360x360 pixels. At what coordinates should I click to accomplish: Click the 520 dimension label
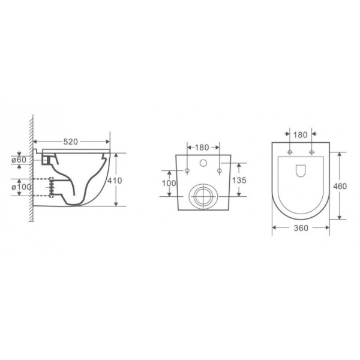(x=71, y=142)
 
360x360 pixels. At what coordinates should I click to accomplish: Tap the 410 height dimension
(x=115, y=181)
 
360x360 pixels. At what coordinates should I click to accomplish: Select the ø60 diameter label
(x=19, y=160)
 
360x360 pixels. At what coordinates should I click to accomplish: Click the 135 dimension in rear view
(x=239, y=180)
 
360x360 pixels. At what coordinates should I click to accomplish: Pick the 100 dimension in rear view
(x=169, y=183)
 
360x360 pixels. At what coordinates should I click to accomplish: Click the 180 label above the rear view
(x=202, y=148)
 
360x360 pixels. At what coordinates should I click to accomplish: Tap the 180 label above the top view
(x=301, y=135)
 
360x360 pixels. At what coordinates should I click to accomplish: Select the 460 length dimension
(x=340, y=186)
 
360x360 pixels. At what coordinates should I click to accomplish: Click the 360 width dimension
(x=301, y=228)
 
